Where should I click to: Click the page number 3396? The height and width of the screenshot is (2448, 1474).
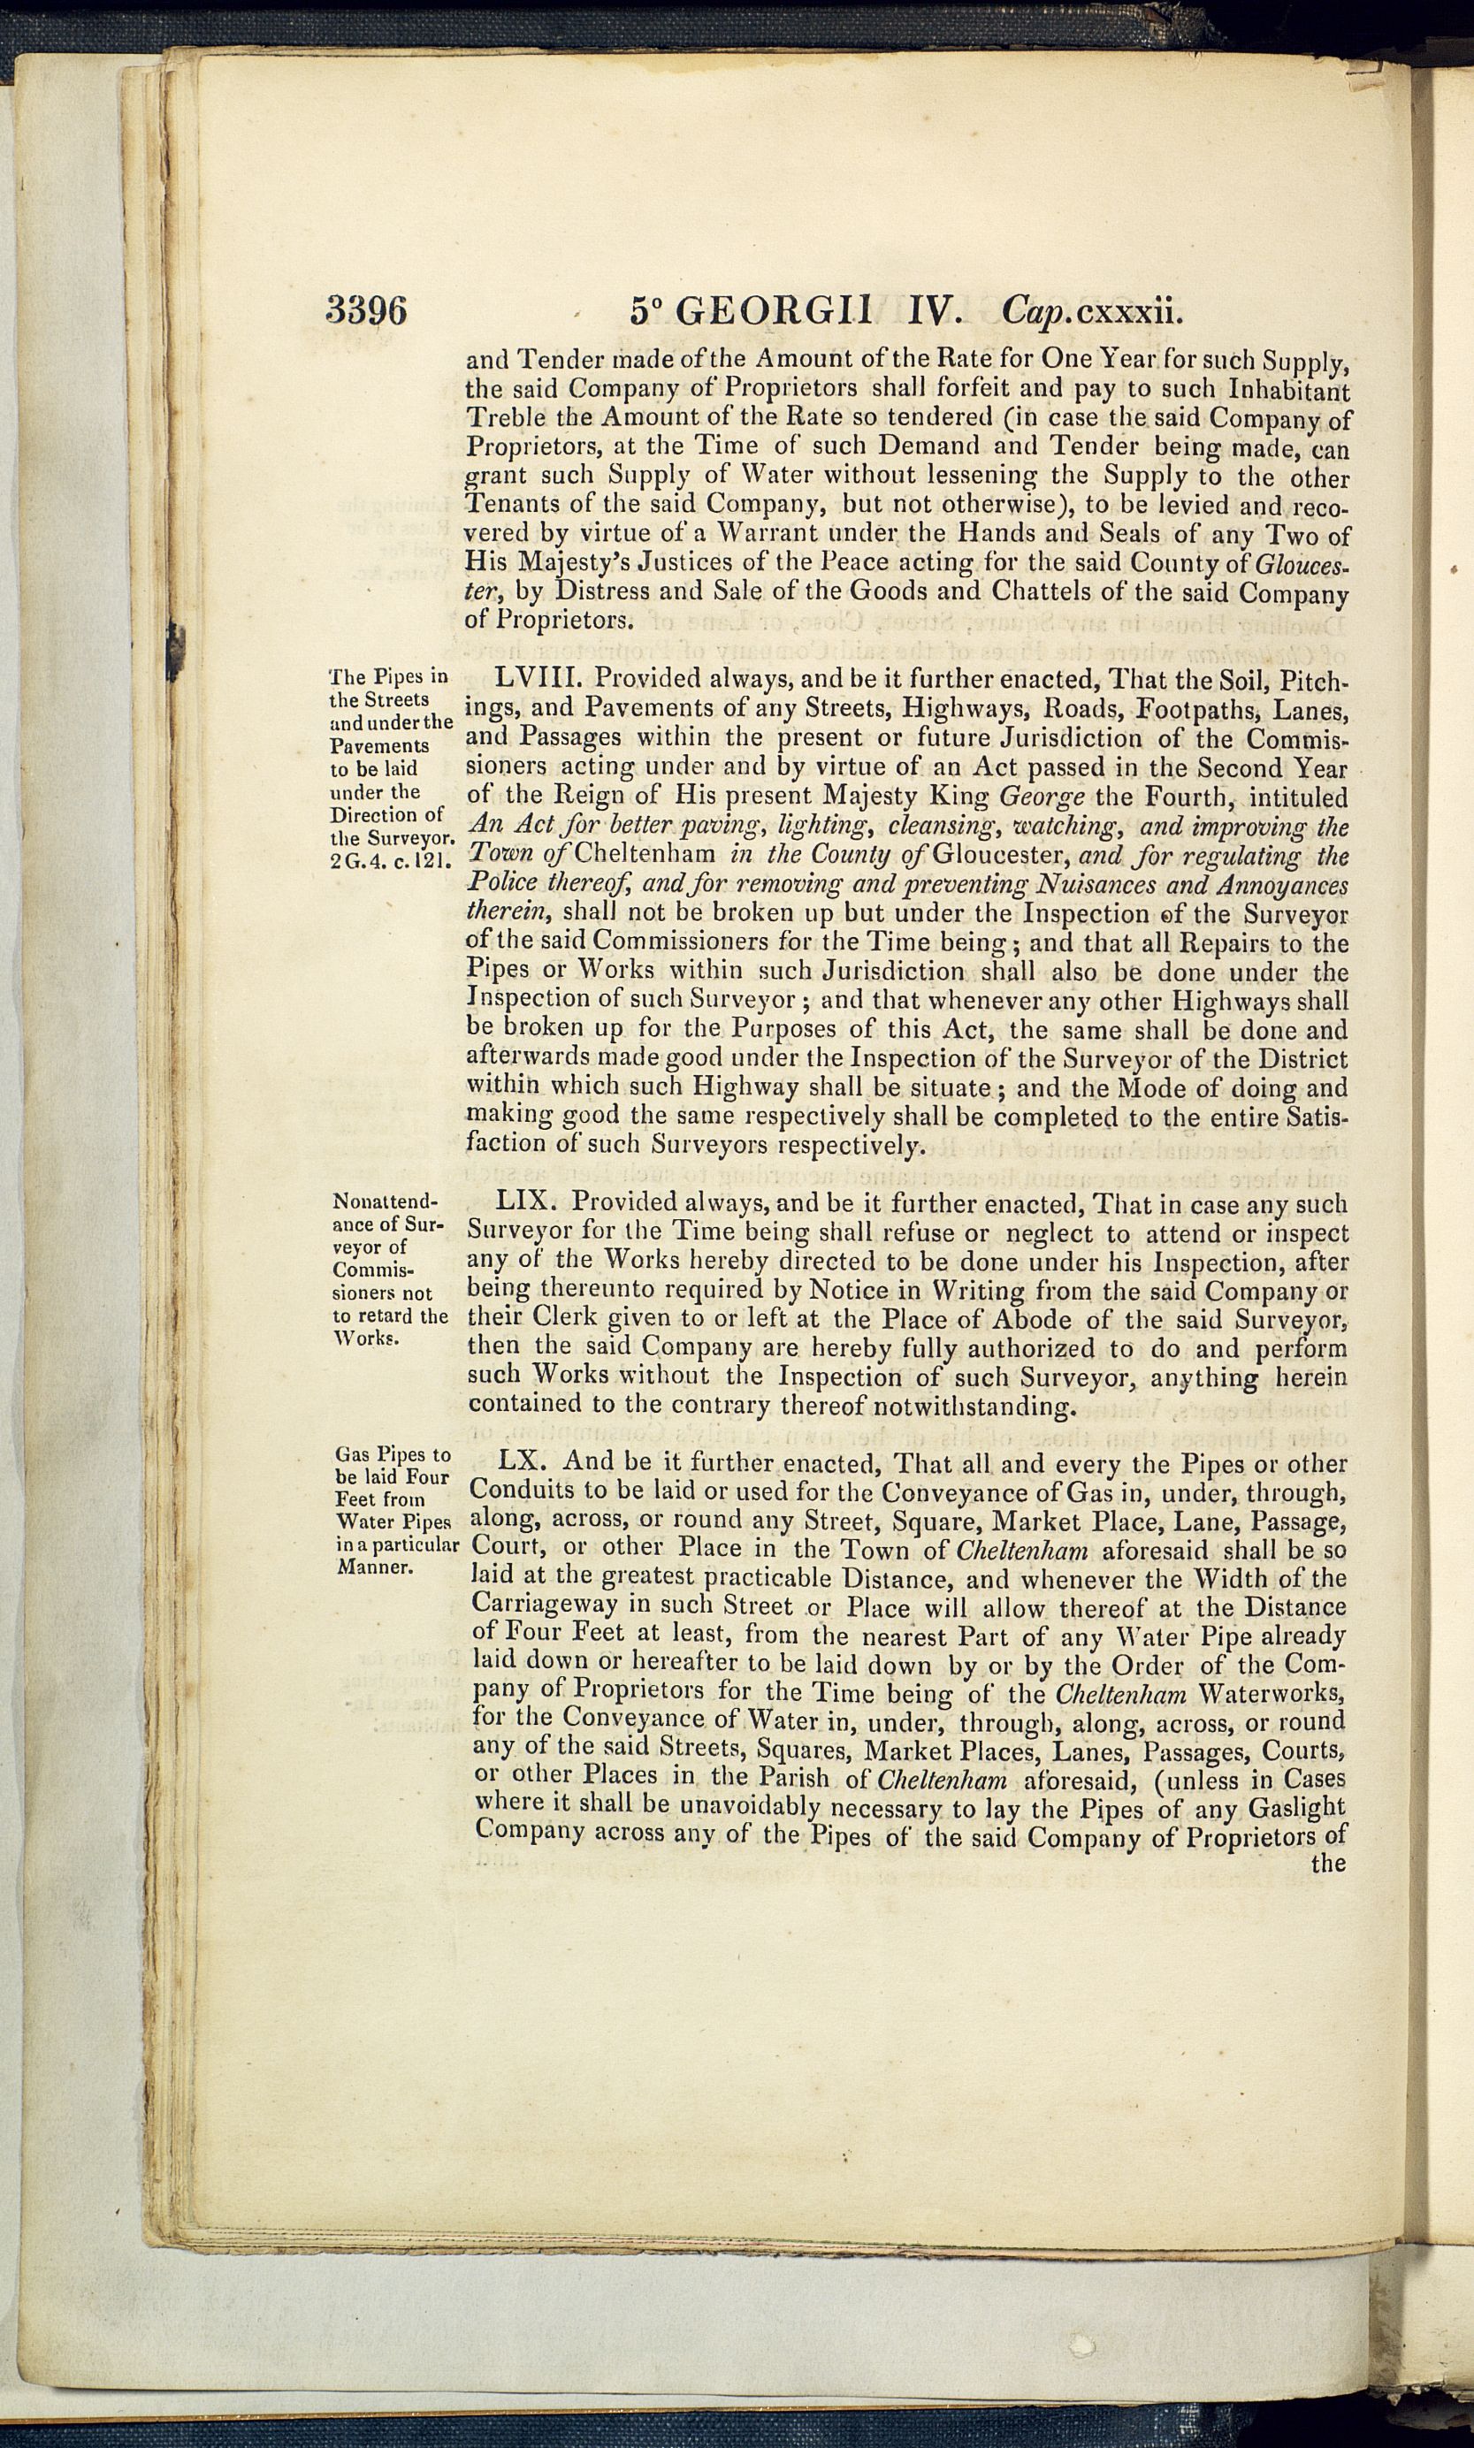click(x=365, y=312)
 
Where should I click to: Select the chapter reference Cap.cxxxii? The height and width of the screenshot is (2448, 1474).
click(x=1093, y=312)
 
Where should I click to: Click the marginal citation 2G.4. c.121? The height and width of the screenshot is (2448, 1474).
click(x=388, y=861)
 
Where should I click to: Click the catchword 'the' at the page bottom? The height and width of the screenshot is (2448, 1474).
click(x=1328, y=1862)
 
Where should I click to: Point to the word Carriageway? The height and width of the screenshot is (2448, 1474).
click(x=543, y=1605)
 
